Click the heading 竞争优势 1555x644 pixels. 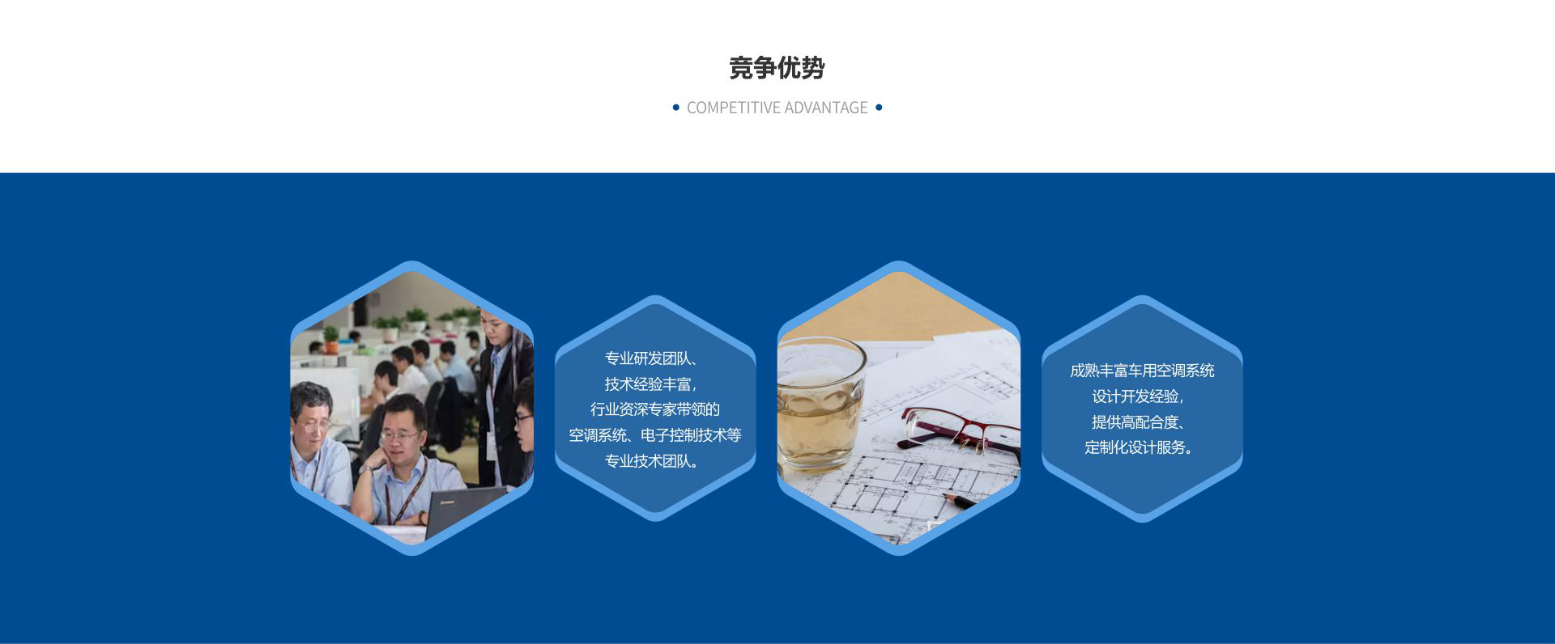[x=777, y=68]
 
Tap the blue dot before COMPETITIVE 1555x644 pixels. [x=676, y=107]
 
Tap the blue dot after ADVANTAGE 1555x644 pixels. [x=879, y=107]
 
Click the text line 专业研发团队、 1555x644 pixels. [x=652, y=358]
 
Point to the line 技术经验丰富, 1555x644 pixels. [x=651, y=384]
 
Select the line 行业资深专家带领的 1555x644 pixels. [x=655, y=409]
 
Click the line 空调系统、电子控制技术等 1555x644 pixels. [x=655, y=435]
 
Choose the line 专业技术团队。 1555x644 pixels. [x=652, y=461]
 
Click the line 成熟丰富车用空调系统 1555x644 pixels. [x=1142, y=371]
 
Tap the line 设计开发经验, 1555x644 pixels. [x=1139, y=396]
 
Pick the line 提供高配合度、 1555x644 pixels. [x=1139, y=422]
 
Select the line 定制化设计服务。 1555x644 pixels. [x=1139, y=447]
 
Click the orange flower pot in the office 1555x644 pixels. [x=331, y=346]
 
